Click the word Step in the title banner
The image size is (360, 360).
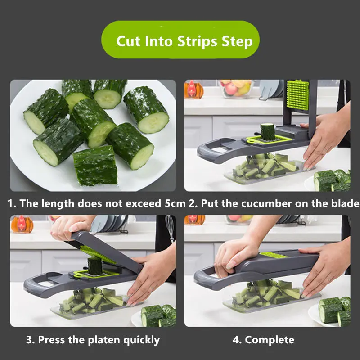tap(237, 41)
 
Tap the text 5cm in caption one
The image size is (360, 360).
tap(175, 203)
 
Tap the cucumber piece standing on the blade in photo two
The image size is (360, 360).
tap(267, 132)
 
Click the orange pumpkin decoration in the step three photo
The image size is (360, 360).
tap(21, 224)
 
